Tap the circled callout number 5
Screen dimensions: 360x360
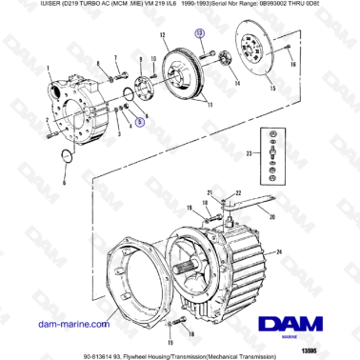tap(140, 122)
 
